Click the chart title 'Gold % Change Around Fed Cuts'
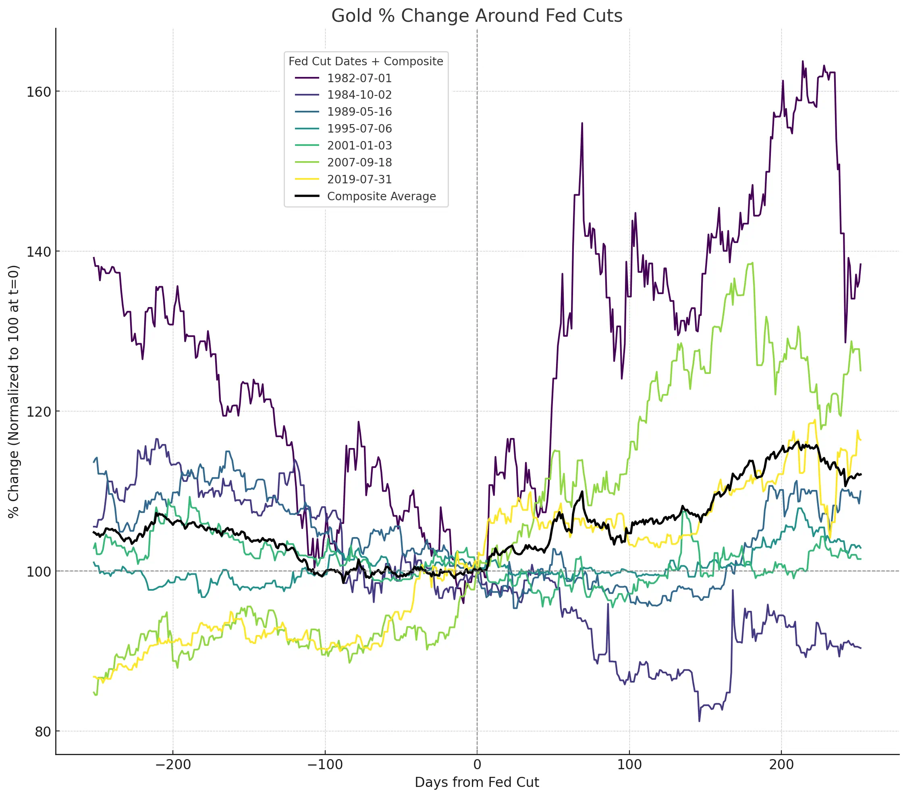click(x=477, y=16)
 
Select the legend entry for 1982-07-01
click(x=359, y=78)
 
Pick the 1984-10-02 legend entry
click(x=359, y=95)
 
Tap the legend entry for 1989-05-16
click(x=359, y=112)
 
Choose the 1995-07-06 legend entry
click(x=359, y=129)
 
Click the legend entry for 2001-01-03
click(x=359, y=146)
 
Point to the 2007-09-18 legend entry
click(x=359, y=163)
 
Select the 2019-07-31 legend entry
click(x=359, y=180)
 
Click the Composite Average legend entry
click(x=381, y=197)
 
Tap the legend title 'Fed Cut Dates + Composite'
click(x=366, y=61)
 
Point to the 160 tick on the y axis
click(x=39, y=92)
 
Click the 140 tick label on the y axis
click(x=39, y=251)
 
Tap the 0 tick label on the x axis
click(x=477, y=765)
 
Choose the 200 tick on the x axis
click(x=781, y=765)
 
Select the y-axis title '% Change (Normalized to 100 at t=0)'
click(x=14, y=392)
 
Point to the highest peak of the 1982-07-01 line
click(x=803, y=61)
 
